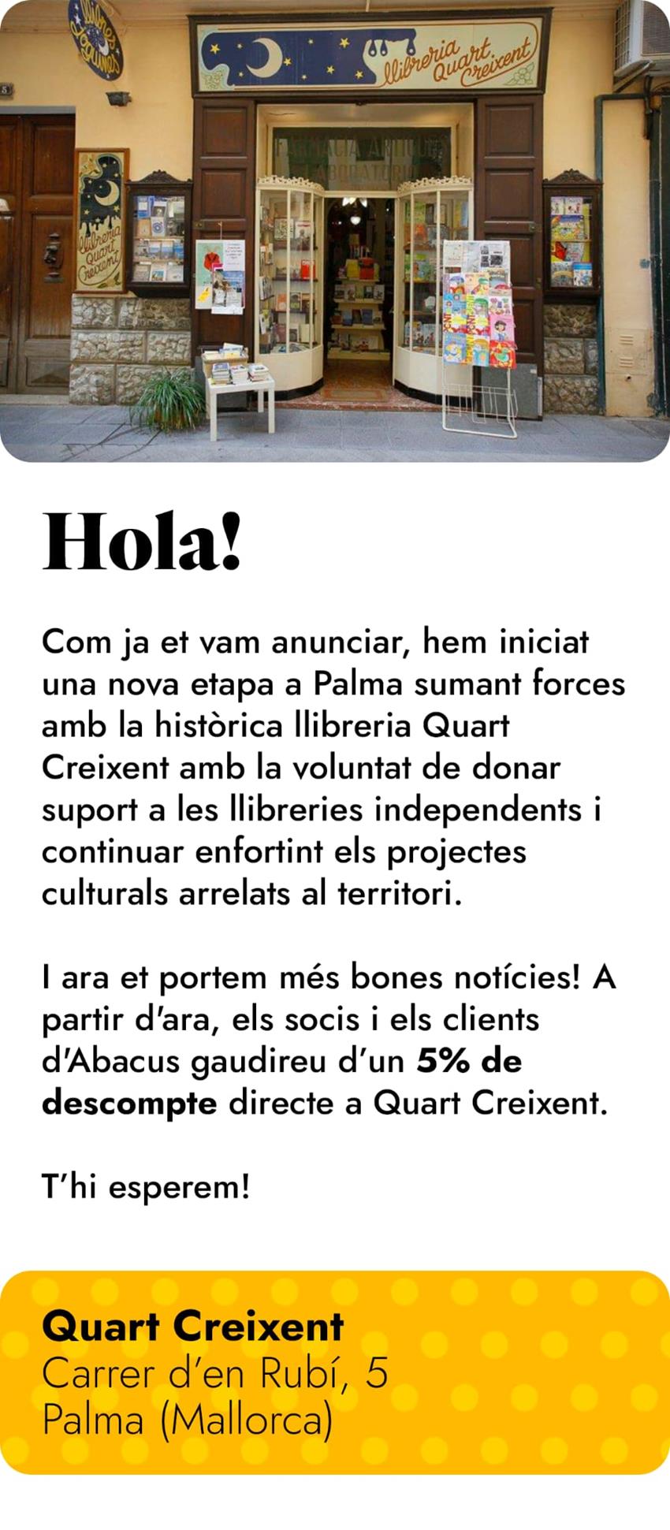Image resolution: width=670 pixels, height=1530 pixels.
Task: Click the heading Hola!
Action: tap(142, 542)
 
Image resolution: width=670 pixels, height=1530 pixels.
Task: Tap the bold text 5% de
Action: tap(469, 1062)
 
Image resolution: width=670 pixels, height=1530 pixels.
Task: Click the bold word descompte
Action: tap(129, 1104)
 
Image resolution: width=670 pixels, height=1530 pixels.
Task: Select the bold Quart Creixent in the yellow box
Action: tap(193, 1327)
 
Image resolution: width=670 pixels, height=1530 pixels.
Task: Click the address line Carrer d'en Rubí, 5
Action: tap(214, 1374)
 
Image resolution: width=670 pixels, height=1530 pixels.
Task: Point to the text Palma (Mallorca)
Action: tap(187, 1420)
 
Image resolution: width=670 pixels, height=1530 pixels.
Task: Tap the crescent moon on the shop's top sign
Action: tap(264, 58)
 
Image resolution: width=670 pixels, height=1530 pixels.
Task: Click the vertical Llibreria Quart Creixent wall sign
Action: tap(101, 222)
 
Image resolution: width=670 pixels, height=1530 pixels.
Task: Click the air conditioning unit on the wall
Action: tap(642, 35)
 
